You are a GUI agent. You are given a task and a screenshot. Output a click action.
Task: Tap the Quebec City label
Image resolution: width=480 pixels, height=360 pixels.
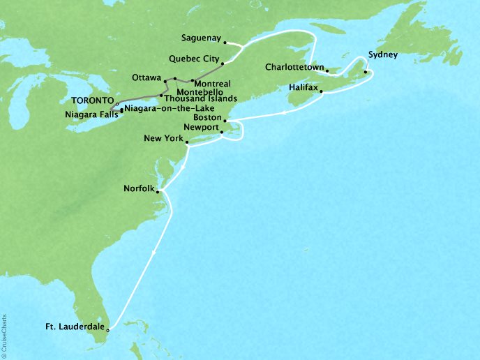click(x=193, y=60)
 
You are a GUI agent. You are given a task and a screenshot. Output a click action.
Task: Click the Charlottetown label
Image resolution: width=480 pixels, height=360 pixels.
click(x=294, y=68)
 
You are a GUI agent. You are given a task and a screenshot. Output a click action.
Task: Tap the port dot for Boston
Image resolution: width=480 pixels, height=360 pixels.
click(x=225, y=121)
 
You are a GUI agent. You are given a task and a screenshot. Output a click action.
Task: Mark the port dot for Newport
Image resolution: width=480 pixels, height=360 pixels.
click(x=221, y=132)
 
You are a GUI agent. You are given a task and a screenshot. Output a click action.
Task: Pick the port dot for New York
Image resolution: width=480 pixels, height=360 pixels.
click(x=187, y=142)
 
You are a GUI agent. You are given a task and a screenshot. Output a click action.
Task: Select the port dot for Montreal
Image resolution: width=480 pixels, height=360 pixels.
click(x=191, y=82)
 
